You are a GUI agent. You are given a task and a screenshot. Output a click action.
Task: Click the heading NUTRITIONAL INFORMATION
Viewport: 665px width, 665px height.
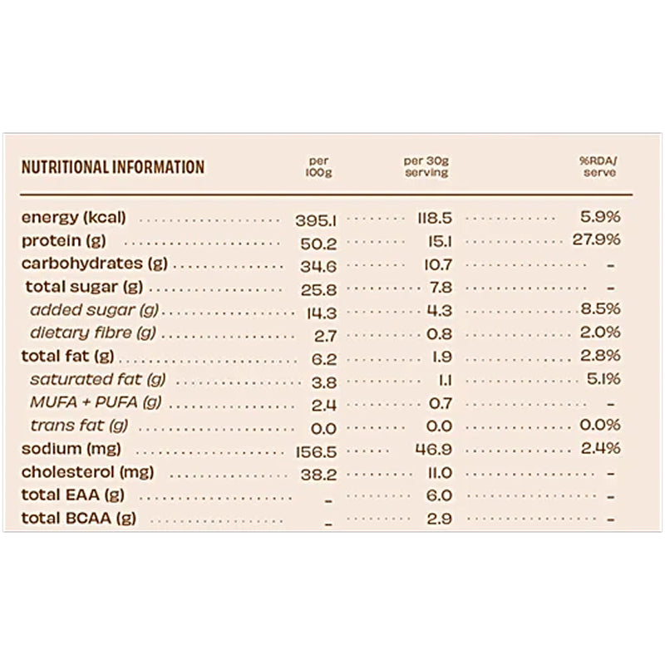point(112,167)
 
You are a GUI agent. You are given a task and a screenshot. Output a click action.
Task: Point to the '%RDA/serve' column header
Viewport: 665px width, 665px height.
point(599,167)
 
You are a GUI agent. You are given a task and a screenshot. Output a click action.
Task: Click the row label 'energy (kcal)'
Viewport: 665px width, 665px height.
point(73,218)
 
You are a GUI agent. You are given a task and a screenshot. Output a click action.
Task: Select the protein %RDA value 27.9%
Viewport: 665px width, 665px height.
point(597,241)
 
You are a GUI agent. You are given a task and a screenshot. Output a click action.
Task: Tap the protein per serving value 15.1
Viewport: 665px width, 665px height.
point(439,242)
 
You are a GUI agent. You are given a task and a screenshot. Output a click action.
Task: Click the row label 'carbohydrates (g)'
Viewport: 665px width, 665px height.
point(94,264)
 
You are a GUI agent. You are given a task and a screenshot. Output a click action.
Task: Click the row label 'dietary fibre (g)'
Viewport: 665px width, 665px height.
point(93,334)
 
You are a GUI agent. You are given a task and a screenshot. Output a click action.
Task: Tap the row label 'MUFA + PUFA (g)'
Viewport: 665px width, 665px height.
point(95,403)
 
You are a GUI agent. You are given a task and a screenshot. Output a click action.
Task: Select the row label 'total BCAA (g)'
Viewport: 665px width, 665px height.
point(77,520)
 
